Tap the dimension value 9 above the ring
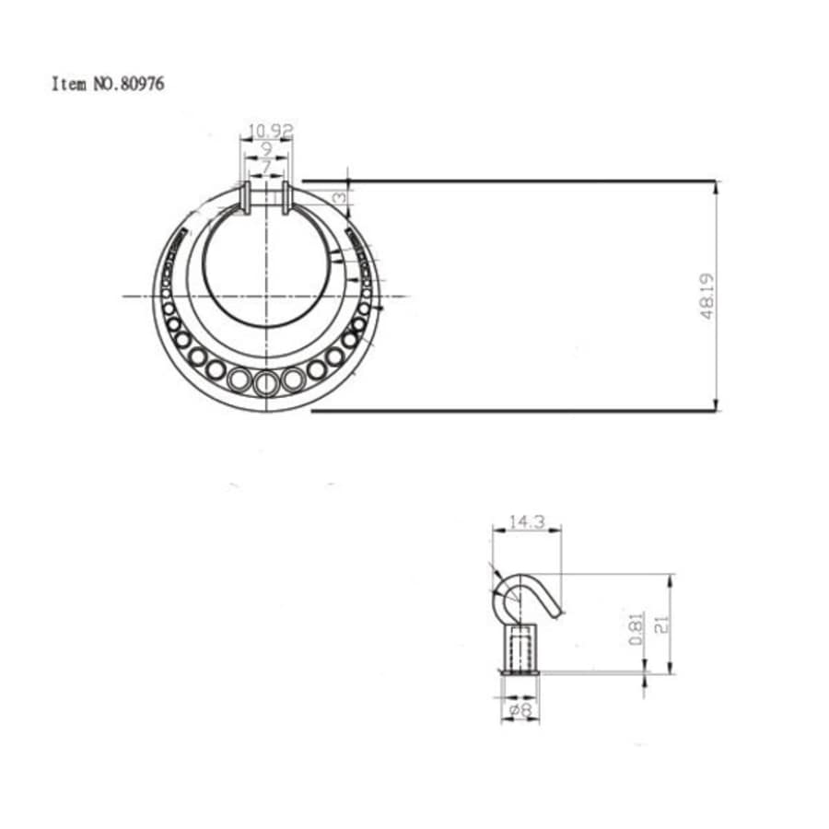(x=266, y=149)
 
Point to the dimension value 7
(x=266, y=167)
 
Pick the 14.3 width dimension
(x=527, y=522)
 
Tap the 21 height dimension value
(x=660, y=625)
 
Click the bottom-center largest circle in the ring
(x=266, y=381)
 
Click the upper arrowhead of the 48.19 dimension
(x=717, y=185)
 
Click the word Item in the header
(x=68, y=84)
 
